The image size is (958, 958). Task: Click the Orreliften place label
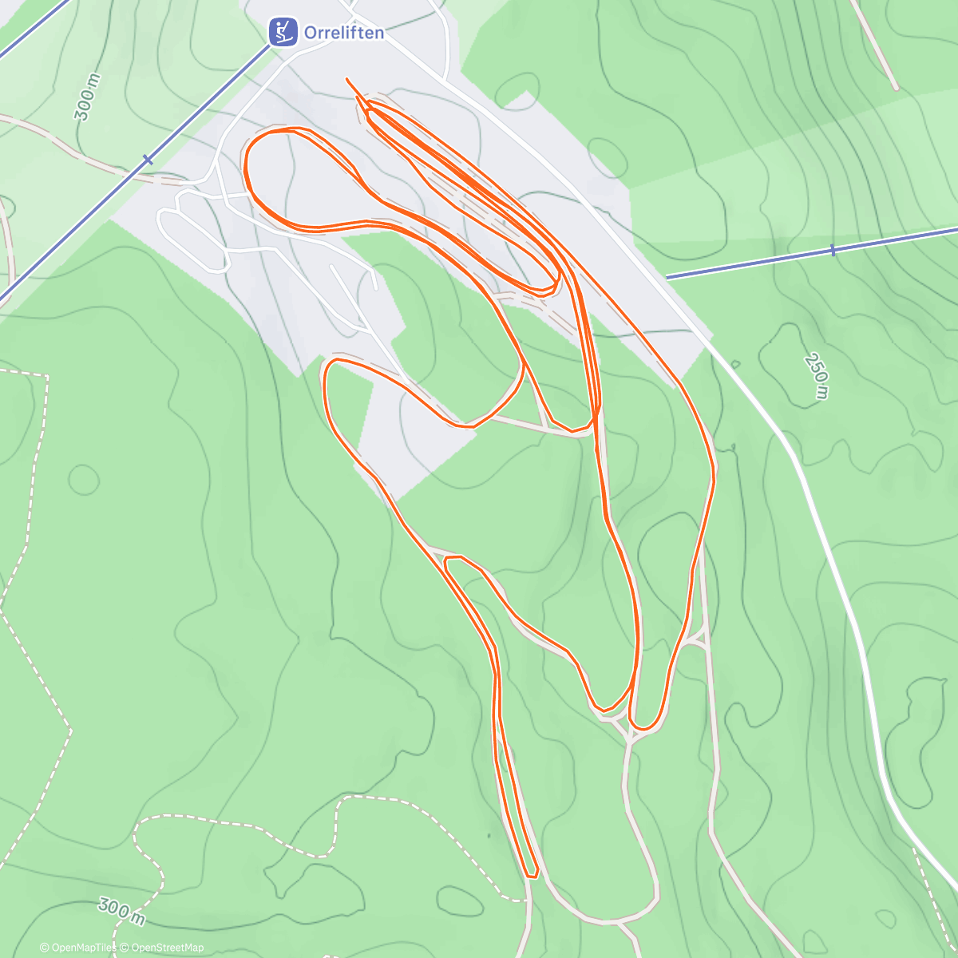(343, 33)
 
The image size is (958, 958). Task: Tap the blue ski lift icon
(280, 32)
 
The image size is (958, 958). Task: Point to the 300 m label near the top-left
(88, 97)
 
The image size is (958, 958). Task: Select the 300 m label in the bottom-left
(121, 911)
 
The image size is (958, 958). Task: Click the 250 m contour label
(817, 376)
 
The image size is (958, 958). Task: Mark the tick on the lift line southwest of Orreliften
(148, 160)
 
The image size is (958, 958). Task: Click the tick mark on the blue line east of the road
(832, 250)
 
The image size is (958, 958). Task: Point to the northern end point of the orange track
(346, 78)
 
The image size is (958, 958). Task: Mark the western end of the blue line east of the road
(667, 278)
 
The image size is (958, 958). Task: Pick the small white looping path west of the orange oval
(192, 232)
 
